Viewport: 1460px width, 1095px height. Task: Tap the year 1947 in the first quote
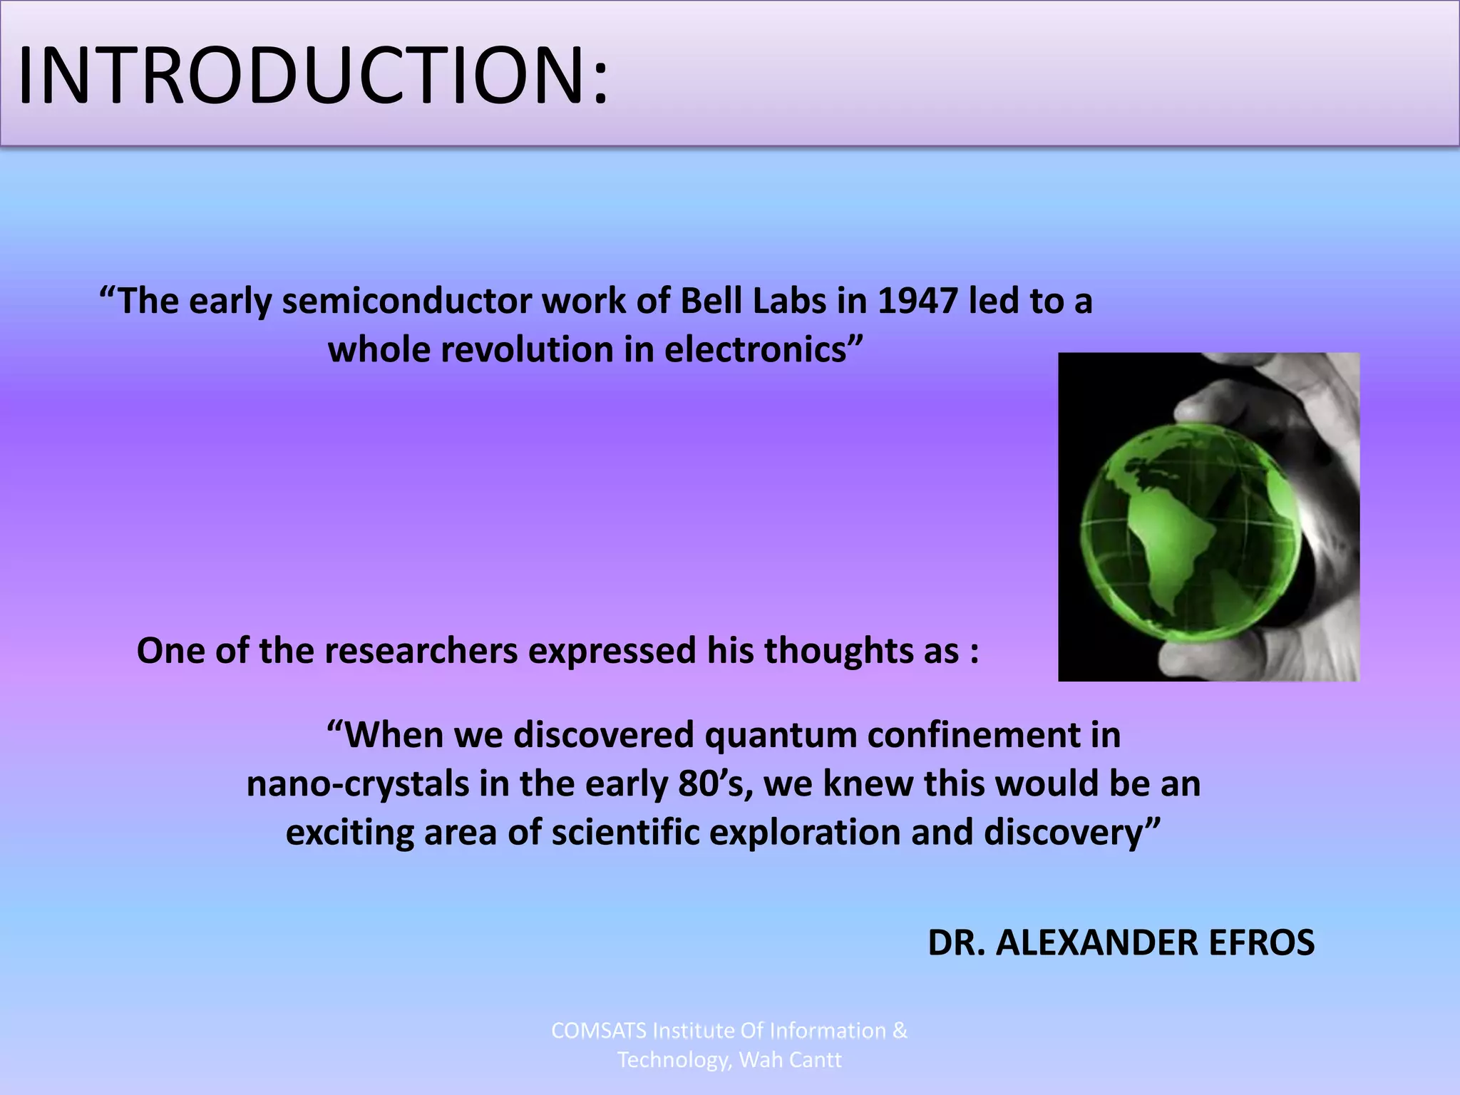coord(917,301)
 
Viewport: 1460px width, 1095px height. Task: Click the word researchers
coord(421,651)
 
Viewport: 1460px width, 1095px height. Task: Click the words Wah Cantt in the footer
coord(790,1060)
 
